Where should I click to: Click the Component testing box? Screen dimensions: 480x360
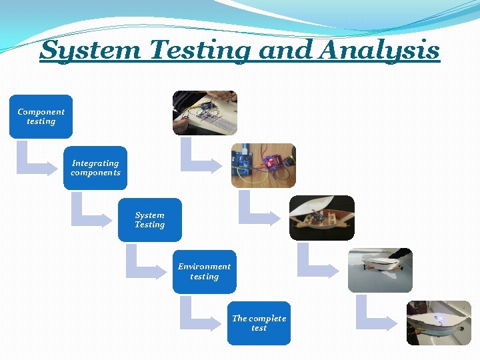(x=41, y=117)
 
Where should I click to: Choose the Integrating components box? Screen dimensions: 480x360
(x=95, y=168)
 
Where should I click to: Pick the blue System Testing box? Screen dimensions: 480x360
(x=149, y=220)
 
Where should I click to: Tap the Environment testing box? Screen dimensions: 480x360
(x=204, y=271)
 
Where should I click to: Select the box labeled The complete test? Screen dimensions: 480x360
(x=259, y=323)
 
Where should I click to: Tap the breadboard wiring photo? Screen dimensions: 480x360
(x=205, y=113)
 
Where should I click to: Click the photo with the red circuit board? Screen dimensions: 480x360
(x=263, y=165)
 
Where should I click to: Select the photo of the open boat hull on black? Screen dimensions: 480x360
(x=321, y=217)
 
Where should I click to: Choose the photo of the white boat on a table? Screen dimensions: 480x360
(x=380, y=270)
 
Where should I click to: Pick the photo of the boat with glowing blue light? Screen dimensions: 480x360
(x=439, y=322)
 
